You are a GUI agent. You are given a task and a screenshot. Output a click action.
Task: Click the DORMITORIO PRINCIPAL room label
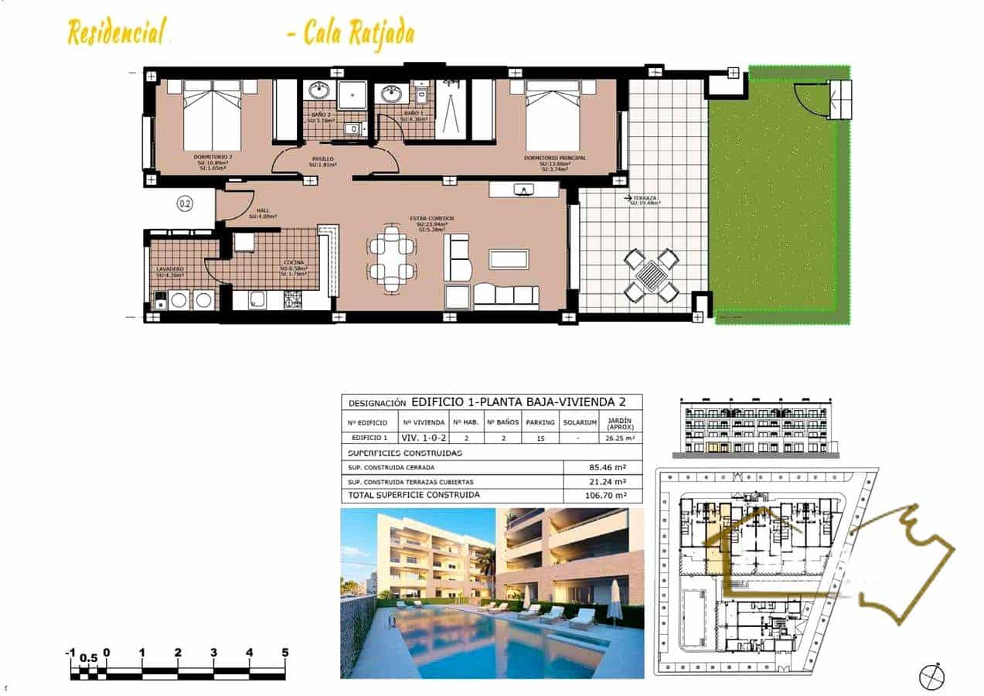coord(554,158)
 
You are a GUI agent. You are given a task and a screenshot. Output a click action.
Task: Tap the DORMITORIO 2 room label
coord(213,158)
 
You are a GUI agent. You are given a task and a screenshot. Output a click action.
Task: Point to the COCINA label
coord(293,263)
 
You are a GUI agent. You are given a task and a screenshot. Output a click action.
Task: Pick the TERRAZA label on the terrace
coord(643,199)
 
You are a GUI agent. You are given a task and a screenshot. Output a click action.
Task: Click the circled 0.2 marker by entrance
coord(185,204)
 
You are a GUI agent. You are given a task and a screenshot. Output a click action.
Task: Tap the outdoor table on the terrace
coord(652,274)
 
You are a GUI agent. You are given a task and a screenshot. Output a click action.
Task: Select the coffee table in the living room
coord(509,259)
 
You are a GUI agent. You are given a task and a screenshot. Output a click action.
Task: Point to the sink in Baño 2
coord(318,92)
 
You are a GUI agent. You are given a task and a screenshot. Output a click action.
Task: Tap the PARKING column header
coord(540,422)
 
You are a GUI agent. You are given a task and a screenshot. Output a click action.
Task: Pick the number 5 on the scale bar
coord(285,653)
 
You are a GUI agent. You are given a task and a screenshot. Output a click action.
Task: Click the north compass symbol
coord(931,675)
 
